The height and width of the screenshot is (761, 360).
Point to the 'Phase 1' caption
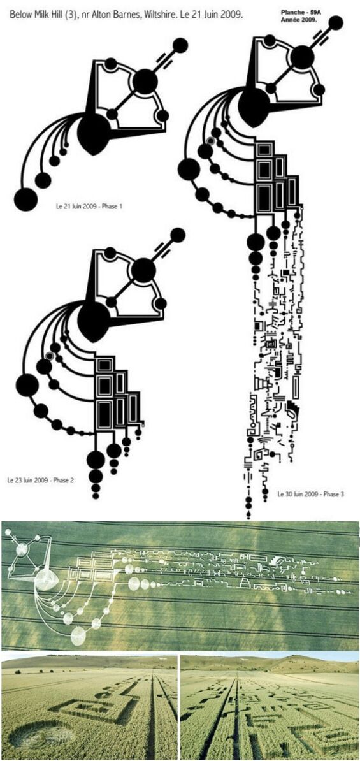tap(112, 207)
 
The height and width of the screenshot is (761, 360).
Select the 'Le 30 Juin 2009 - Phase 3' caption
tap(311, 494)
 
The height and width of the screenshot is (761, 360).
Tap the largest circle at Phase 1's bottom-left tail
tap(25, 199)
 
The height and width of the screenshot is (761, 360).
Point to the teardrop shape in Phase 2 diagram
tap(93, 321)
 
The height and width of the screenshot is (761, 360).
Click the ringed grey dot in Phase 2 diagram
tap(50, 356)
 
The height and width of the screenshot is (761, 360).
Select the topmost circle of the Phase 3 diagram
tap(335, 22)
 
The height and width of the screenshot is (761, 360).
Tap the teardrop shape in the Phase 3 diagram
tap(254, 107)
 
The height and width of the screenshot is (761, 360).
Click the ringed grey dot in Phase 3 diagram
tap(210, 141)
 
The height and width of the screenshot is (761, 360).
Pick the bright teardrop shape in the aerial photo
tap(47, 579)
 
